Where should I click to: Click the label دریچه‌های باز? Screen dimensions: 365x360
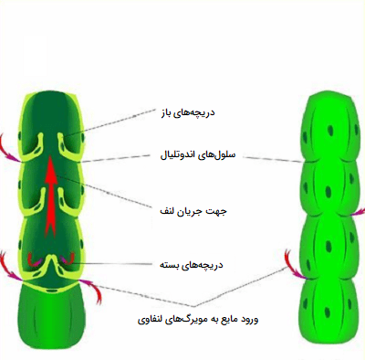click(188, 112)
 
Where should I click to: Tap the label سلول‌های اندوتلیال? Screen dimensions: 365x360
click(198, 155)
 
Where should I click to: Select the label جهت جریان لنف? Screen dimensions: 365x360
click(193, 211)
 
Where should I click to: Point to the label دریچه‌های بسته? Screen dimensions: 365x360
click(192, 265)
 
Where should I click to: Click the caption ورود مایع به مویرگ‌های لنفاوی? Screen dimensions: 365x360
click(198, 319)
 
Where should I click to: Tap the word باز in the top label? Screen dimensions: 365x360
click(167, 113)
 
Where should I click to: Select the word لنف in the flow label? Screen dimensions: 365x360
click(168, 211)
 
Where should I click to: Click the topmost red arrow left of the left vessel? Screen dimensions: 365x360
click(10, 149)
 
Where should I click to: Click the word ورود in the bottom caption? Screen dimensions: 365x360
click(248, 320)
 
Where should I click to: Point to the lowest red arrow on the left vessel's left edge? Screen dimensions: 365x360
click(11, 267)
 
